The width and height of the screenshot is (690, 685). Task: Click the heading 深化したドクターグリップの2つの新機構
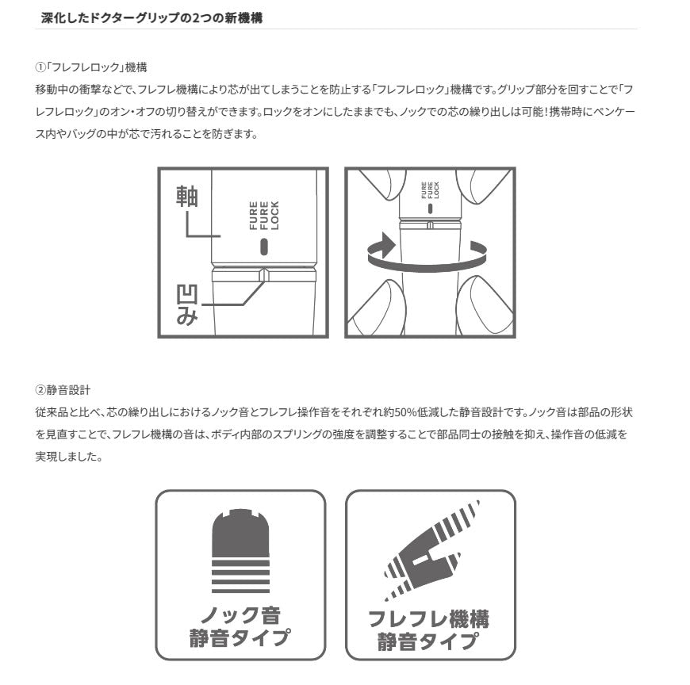pyautogui.click(x=151, y=18)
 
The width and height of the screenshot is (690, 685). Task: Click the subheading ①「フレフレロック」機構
pyautogui.click(x=91, y=67)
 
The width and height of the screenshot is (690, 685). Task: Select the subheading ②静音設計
pyautogui.click(x=63, y=390)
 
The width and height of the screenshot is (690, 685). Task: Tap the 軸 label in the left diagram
pyautogui.click(x=187, y=196)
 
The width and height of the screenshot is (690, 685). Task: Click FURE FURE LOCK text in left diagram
pyautogui.click(x=264, y=216)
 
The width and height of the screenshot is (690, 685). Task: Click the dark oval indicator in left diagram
pyautogui.click(x=264, y=247)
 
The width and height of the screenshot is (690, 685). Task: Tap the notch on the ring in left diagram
pyautogui.click(x=264, y=275)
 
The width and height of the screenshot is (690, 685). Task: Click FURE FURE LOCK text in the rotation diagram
pyautogui.click(x=430, y=190)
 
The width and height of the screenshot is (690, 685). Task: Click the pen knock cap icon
pyautogui.click(x=240, y=533)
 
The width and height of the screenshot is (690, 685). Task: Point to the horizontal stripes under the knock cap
pyautogui.click(x=240, y=576)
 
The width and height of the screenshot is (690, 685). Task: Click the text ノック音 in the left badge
pyautogui.click(x=240, y=615)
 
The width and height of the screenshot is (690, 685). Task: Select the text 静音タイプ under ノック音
pyautogui.click(x=240, y=637)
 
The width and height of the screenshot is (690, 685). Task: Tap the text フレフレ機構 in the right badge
pyautogui.click(x=429, y=619)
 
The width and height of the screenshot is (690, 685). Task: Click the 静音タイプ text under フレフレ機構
pyautogui.click(x=427, y=641)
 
